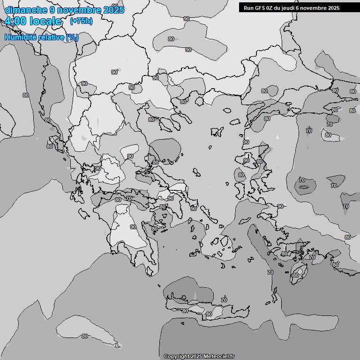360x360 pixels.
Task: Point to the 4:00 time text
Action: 15,21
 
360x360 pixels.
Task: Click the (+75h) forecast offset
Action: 81,21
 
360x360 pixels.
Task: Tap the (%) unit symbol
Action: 72,37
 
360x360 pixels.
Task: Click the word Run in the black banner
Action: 248,7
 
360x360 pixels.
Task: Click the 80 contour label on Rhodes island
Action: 295,275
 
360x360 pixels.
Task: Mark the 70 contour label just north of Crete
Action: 224,300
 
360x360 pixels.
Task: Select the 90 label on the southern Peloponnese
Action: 133,227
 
